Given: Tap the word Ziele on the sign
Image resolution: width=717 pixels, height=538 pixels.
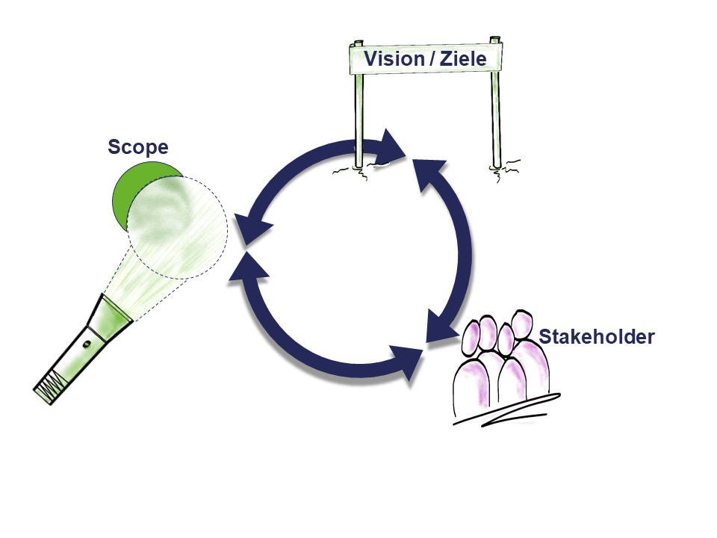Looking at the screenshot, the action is pos(463,59).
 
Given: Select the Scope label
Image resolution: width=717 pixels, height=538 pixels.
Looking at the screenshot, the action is pos(138,147).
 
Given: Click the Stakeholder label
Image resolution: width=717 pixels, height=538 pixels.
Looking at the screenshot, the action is pos(597,337).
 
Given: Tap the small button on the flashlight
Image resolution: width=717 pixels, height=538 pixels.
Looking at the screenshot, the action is pos(87,344).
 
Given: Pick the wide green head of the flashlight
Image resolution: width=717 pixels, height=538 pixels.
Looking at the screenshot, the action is pos(111,318).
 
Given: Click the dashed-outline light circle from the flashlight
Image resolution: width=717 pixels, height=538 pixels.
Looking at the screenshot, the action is pos(178,228).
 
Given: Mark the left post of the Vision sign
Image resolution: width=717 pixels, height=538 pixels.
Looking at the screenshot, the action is pos(359,105).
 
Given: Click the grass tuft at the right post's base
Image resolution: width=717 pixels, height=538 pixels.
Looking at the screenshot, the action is pos(505,170).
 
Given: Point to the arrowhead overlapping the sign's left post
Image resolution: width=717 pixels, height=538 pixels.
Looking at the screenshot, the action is pos(390,147).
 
